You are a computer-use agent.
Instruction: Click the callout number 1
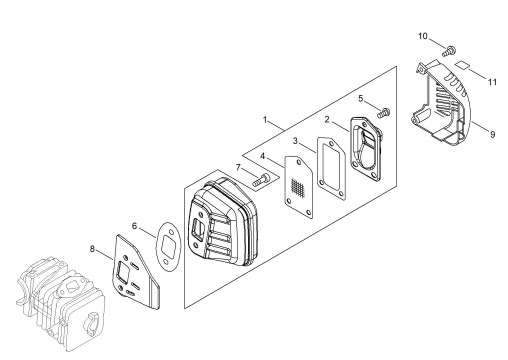[265, 120]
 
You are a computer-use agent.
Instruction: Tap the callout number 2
[327, 119]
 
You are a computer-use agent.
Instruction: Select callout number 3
[295, 141]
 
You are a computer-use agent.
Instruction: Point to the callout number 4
[263, 156]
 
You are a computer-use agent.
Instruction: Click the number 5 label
[360, 98]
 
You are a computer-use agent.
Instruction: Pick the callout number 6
[134, 226]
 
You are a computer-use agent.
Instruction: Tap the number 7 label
[238, 167]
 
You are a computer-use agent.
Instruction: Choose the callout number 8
[92, 249]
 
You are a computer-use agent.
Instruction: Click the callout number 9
[493, 134]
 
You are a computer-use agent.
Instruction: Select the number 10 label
[423, 36]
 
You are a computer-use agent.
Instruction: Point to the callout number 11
[492, 82]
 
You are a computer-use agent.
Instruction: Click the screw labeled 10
[449, 51]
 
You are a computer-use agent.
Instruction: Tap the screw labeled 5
[384, 113]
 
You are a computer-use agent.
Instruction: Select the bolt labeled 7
[261, 180]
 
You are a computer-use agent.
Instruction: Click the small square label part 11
[462, 64]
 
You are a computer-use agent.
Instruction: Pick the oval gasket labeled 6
[169, 247]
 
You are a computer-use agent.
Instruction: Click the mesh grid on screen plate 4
[298, 187]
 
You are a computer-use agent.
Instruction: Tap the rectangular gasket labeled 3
[331, 168]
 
